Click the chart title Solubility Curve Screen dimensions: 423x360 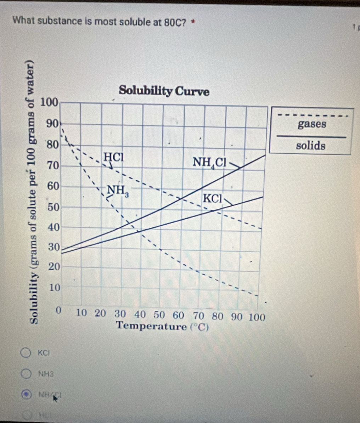(164, 91)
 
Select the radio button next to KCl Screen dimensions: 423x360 (26, 353)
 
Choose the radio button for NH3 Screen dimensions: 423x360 (26, 373)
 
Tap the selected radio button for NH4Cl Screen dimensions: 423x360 (26, 393)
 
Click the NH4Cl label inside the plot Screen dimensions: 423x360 (209, 162)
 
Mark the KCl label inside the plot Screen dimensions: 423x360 (212, 198)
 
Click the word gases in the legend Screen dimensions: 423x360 (312, 124)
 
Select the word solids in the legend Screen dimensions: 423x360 (311, 145)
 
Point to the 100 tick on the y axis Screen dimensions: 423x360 (49, 103)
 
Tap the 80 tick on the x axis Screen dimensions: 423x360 (217, 314)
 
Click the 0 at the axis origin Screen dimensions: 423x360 (59, 311)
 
